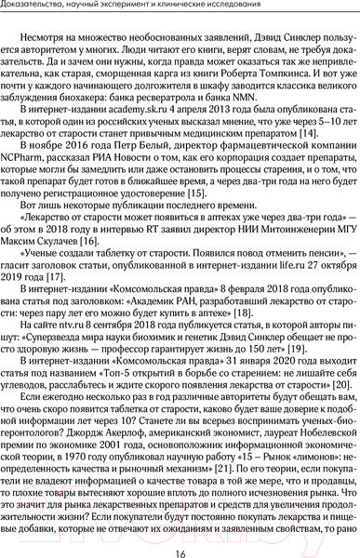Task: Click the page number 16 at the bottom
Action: pyautogui.click(x=180, y=543)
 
